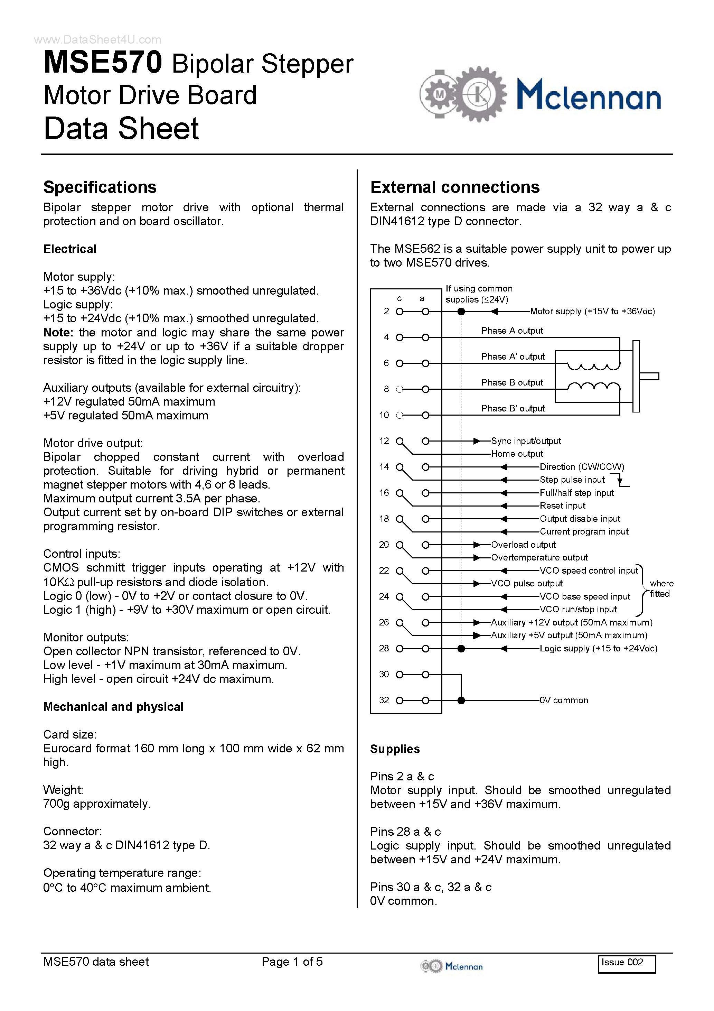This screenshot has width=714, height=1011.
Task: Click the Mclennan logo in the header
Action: [540, 94]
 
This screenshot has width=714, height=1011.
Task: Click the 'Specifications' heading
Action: [100, 187]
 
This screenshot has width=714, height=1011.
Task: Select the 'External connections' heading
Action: [455, 187]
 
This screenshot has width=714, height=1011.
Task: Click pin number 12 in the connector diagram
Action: [384, 441]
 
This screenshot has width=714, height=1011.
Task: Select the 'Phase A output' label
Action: [512, 331]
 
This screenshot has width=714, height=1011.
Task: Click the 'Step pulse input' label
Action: [572, 480]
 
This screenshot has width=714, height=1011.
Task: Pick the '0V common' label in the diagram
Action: [564, 700]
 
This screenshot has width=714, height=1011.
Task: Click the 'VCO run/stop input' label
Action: [578, 610]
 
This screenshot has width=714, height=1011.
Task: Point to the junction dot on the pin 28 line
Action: [461, 649]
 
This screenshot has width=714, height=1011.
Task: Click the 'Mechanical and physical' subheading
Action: [113, 707]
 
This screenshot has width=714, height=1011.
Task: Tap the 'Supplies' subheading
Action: [395, 749]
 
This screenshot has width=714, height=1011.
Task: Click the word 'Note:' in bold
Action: [58, 333]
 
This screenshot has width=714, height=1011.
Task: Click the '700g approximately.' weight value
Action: [97, 804]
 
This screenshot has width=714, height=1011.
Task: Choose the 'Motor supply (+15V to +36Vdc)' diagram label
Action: [592, 311]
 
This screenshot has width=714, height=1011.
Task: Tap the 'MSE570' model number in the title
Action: [103, 63]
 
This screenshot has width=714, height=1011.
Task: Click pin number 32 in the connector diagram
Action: [384, 700]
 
